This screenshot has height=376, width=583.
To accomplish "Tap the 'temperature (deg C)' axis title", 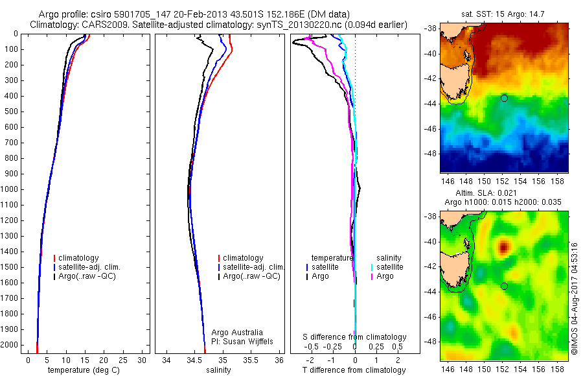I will click(x=82, y=370).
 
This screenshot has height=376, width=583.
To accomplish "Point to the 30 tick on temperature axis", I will click(x=143, y=360).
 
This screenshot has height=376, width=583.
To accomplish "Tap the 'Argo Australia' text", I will click(x=237, y=333).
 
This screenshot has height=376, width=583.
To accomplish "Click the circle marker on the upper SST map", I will click(x=504, y=98).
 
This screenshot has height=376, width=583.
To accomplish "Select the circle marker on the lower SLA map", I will click(x=504, y=286).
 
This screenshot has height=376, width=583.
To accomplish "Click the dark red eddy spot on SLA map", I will click(x=503, y=247).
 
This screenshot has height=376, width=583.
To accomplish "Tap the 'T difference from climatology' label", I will click(x=354, y=370).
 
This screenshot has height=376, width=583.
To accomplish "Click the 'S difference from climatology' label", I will click(x=354, y=337).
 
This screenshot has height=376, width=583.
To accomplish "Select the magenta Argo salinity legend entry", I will click(x=384, y=276).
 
